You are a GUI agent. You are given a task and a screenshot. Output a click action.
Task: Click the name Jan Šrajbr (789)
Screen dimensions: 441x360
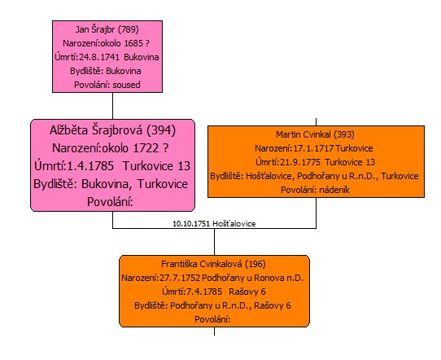[x=107, y=29]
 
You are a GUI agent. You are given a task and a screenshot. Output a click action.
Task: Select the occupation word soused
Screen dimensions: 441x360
[x=127, y=85]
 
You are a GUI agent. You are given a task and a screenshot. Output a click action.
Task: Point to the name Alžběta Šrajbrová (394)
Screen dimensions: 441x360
[x=113, y=130]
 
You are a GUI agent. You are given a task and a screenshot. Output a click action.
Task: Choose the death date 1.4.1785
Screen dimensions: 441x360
[x=90, y=166]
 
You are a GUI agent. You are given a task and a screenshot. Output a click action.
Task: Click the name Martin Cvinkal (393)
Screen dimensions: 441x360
[x=315, y=134]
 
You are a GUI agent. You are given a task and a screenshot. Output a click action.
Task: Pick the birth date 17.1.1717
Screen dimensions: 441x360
[x=313, y=148]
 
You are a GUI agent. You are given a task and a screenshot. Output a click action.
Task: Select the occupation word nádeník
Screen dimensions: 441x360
[x=334, y=190]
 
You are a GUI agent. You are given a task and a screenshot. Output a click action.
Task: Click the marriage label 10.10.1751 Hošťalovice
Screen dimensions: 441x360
[x=214, y=224]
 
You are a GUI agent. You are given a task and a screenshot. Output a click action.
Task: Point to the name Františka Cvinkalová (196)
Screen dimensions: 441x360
[x=213, y=264]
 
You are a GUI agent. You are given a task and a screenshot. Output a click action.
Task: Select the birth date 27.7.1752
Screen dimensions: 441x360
[x=180, y=278]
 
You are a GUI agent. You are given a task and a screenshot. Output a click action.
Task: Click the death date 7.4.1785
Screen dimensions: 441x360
[x=204, y=292]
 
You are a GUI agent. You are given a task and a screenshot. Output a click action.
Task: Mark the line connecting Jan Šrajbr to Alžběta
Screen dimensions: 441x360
[x=113, y=106]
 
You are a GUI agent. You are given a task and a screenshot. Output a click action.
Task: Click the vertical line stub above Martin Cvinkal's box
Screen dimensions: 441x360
[x=317, y=122]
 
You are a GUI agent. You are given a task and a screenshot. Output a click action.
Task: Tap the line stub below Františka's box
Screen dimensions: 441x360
[x=214, y=331]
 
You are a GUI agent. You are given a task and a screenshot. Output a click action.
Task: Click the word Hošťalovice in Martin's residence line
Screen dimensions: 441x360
[x=269, y=176]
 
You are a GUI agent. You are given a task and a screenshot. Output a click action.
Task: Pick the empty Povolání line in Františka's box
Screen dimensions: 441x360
[x=212, y=319]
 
